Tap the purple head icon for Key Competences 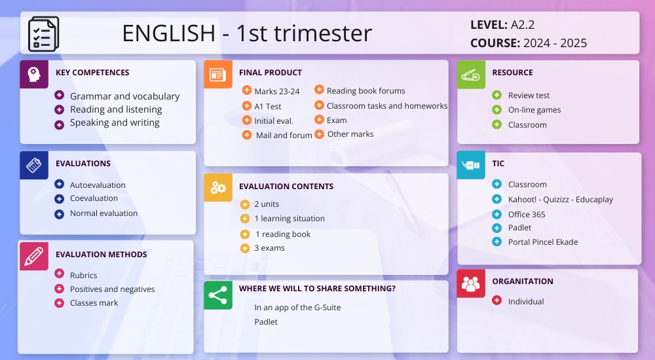click(34, 74)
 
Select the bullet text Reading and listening click(116, 109)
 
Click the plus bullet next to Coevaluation click(60, 198)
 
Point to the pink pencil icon click(34, 256)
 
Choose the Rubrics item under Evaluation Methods click(83, 276)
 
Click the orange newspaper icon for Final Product click(218, 74)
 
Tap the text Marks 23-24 click(276, 92)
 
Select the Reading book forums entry click(365, 91)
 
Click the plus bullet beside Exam click(319, 120)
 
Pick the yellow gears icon click(218, 188)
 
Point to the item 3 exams click(269, 248)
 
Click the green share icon click(218, 295)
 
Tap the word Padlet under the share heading click(266, 322)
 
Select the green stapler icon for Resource click(471, 74)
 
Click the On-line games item click(534, 110)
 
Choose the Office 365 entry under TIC click(526, 215)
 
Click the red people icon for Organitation click(471, 283)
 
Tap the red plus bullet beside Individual click(496, 301)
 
